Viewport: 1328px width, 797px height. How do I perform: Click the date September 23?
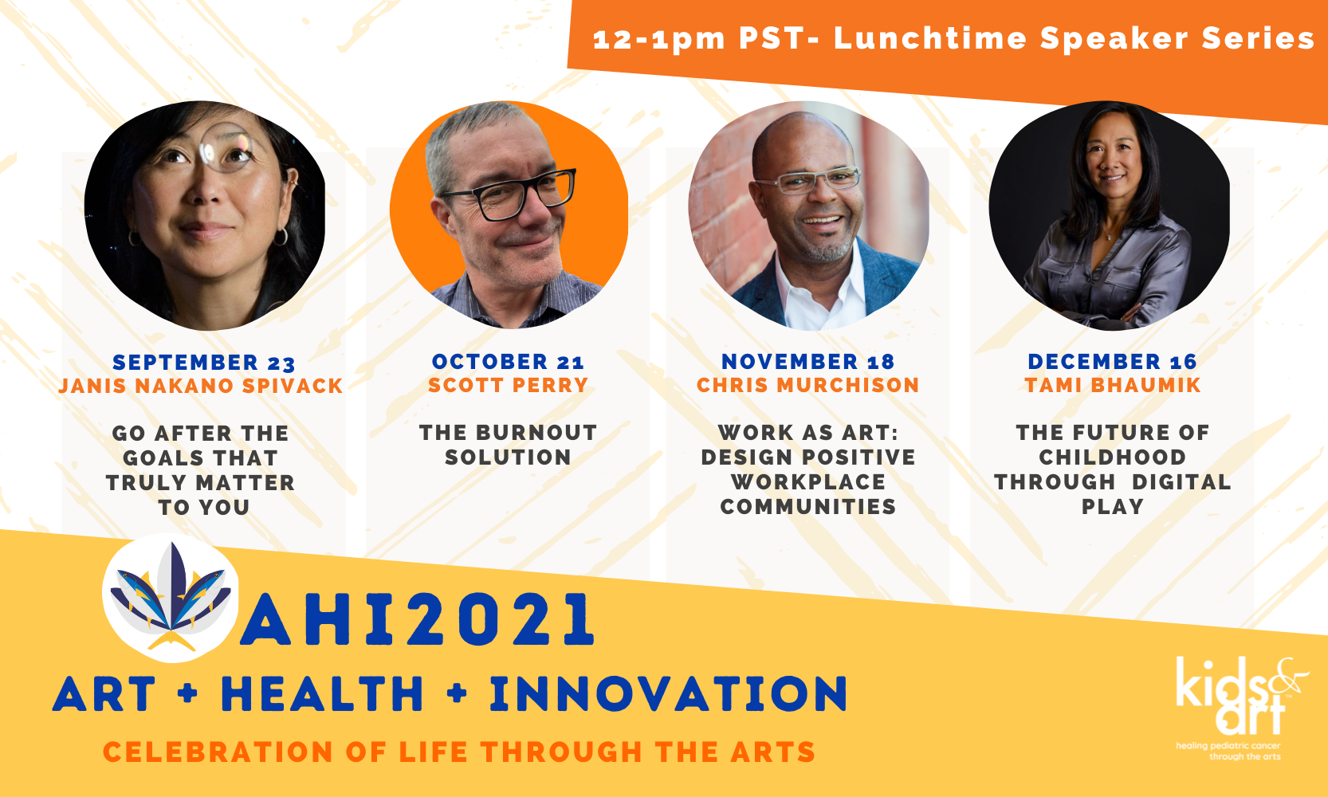tap(203, 362)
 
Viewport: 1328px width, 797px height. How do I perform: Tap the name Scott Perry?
tap(508, 385)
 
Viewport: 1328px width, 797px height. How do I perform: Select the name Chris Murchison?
tap(808, 385)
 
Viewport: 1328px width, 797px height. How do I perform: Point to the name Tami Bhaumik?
tap(1113, 385)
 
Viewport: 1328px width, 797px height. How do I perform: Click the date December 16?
tap(1113, 362)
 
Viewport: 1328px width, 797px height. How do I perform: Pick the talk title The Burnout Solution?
tap(508, 445)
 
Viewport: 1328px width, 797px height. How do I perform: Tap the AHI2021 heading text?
tap(417, 619)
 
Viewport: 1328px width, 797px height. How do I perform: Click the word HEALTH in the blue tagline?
tap(323, 693)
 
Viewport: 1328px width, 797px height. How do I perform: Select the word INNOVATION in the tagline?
tap(669, 693)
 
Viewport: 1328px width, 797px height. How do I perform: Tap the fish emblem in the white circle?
tap(171, 597)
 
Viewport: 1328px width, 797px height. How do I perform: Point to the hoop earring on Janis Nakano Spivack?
tap(281, 237)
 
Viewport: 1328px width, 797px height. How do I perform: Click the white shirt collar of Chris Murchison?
tap(821, 285)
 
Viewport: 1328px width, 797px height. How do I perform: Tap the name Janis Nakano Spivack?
tap(201, 386)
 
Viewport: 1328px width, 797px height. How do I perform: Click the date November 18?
tap(808, 362)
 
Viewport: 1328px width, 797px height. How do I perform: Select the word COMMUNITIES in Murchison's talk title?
tap(808, 507)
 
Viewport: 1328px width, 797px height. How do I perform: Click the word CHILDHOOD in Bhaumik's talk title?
tap(1113, 457)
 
